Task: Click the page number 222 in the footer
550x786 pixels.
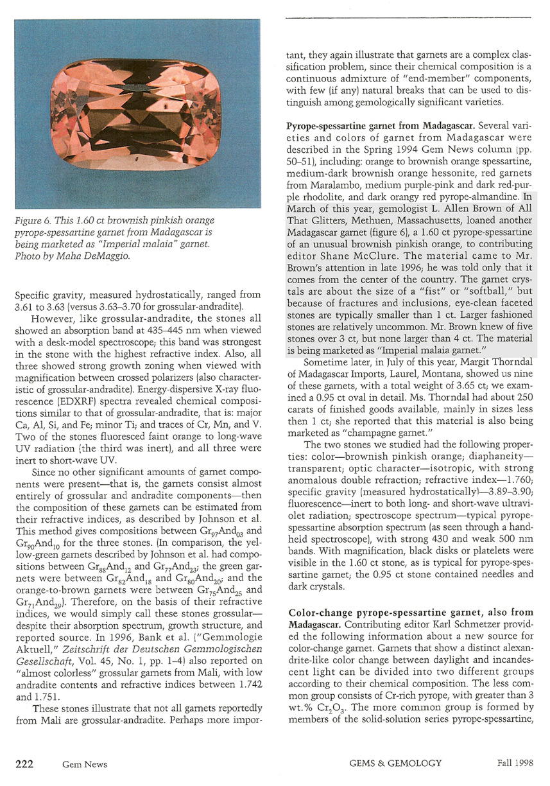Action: pyautogui.click(x=24, y=764)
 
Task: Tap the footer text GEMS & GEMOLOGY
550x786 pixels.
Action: pyautogui.click(x=395, y=764)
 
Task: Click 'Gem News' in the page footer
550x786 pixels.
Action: pyautogui.click(x=85, y=764)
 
